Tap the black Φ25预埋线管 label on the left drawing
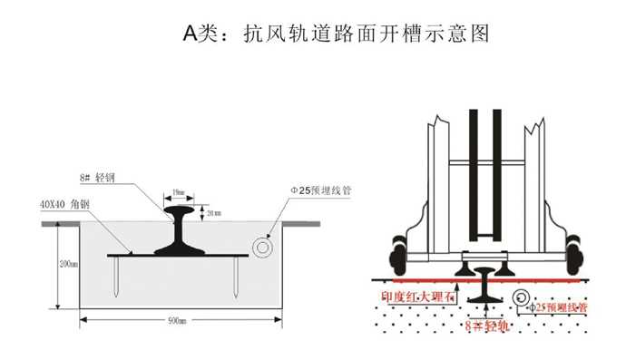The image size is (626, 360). tap(320, 191)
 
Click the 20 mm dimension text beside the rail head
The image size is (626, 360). tap(213, 214)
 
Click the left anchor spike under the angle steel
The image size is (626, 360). tap(120, 276)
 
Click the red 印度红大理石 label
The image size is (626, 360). tap(419, 296)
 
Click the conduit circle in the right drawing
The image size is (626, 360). tap(523, 296)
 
